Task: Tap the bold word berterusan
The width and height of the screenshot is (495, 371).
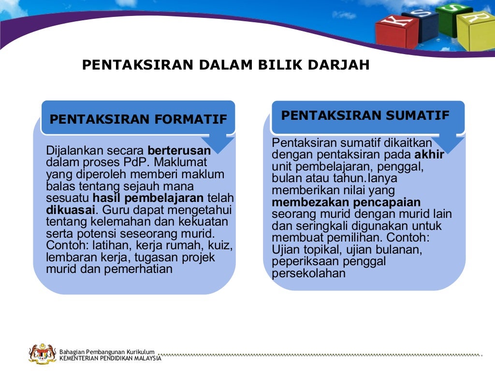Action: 179,150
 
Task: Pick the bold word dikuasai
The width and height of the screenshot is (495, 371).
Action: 71,210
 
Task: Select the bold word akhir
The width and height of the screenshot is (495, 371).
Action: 429,155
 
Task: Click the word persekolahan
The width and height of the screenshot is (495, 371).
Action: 308,273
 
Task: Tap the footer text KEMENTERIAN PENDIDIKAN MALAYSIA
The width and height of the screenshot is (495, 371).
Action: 110,358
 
